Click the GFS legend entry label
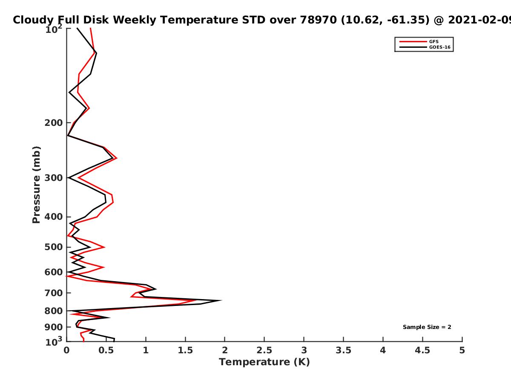433,41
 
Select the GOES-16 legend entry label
440,47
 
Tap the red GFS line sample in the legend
413,41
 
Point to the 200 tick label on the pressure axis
54,122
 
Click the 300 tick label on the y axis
54,178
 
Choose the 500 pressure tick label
54,247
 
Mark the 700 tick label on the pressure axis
54,293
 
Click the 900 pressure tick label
54,327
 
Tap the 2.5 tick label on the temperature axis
264,350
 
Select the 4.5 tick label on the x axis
422,350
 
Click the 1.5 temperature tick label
185,350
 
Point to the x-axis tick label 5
462,350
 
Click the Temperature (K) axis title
264,362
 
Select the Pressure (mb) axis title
36,185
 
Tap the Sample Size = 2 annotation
427,327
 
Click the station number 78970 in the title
318,20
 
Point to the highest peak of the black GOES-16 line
221,300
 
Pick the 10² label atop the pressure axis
54,29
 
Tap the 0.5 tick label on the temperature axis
106,350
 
